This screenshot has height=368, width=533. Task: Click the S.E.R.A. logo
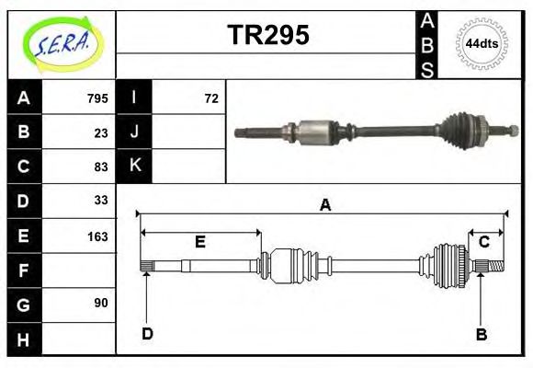click(x=62, y=43)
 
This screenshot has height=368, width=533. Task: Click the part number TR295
click(x=267, y=35)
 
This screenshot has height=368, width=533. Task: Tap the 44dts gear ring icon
click(x=482, y=43)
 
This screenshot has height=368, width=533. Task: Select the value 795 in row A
click(x=97, y=98)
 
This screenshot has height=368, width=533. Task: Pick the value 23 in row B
click(x=101, y=132)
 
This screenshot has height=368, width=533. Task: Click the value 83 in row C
click(x=101, y=167)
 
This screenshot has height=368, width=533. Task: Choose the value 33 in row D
click(x=101, y=201)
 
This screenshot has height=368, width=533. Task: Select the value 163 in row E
click(x=97, y=236)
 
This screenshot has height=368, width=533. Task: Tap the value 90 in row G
click(x=101, y=303)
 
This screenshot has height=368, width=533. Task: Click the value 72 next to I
click(x=210, y=98)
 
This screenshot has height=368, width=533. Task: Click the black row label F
click(x=24, y=270)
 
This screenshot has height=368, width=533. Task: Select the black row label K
click(x=134, y=167)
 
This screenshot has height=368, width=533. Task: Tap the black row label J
click(x=134, y=132)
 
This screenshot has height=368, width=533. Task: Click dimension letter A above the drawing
click(x=323, y=205)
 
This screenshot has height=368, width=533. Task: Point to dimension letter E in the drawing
click(x=199, y=243)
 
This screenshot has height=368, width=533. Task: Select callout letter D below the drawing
click(x=147, y=334)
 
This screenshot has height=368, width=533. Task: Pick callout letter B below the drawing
click(x=481, y=334)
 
